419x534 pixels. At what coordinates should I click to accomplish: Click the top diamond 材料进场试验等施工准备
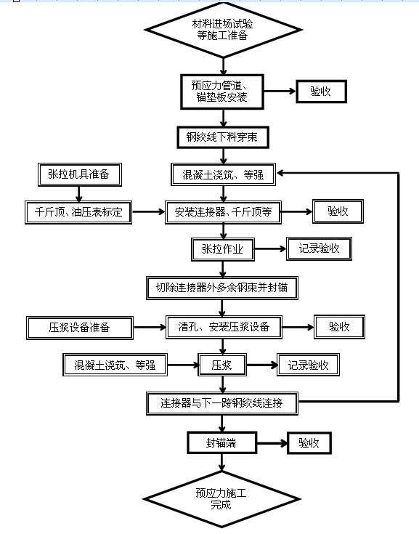pyautogui.click(x=223, y=30)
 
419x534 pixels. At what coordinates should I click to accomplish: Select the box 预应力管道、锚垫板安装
pyautogui.click(x=222, y=92)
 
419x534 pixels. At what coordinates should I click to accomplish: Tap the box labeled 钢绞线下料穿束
pyautogui.click(x=223, y=137)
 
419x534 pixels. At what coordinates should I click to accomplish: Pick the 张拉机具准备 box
pyautogui.click(x=80, y=174)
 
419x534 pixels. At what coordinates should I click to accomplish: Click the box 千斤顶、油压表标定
pyautogui.click(x=78, y=212)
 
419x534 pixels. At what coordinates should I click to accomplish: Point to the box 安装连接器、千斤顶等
pyautogui.click(x=223, y=212)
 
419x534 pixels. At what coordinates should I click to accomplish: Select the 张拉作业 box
pyautogui.click(x=223, y=249)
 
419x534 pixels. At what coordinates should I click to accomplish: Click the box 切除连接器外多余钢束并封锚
pyautogui.click(x=222, y=288)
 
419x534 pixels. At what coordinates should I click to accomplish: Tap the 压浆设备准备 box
pyautogui.click(x=80, y=328)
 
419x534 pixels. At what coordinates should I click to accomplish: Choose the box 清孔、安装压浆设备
pyautogui.click(x=224, y=327)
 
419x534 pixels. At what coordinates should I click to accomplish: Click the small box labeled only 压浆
pyautogui.click(x=222, y=365)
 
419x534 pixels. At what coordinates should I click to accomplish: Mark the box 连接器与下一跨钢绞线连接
pyautogui.click(x=222, y=403)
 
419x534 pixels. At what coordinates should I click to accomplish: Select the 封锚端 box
pyautogui.click(x=222, y=442)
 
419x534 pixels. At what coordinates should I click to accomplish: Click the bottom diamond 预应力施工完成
pyautogui.click(x=222, y=499)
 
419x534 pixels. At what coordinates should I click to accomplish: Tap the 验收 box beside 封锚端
pyautogui.click(x=309, y=443)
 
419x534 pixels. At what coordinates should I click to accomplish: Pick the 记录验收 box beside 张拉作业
pyautogui.click(x=319, y=248)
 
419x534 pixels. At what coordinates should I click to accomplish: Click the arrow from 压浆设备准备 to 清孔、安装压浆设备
pyautogui.click(x=150, y=327)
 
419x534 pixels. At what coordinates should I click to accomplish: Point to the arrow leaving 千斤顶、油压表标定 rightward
pyautogui.click(x=149, y=212)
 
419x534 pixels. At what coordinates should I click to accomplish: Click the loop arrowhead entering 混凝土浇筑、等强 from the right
pyautogui.click(x=280, y=173)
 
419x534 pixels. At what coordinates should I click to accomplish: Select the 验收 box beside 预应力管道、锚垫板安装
pyautogui.click(x=321, y=92)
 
